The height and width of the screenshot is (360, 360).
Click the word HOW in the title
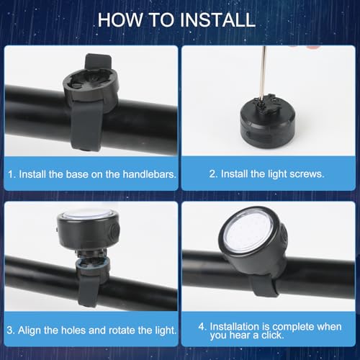120,19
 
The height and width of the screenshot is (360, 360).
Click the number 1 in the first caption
11,174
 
